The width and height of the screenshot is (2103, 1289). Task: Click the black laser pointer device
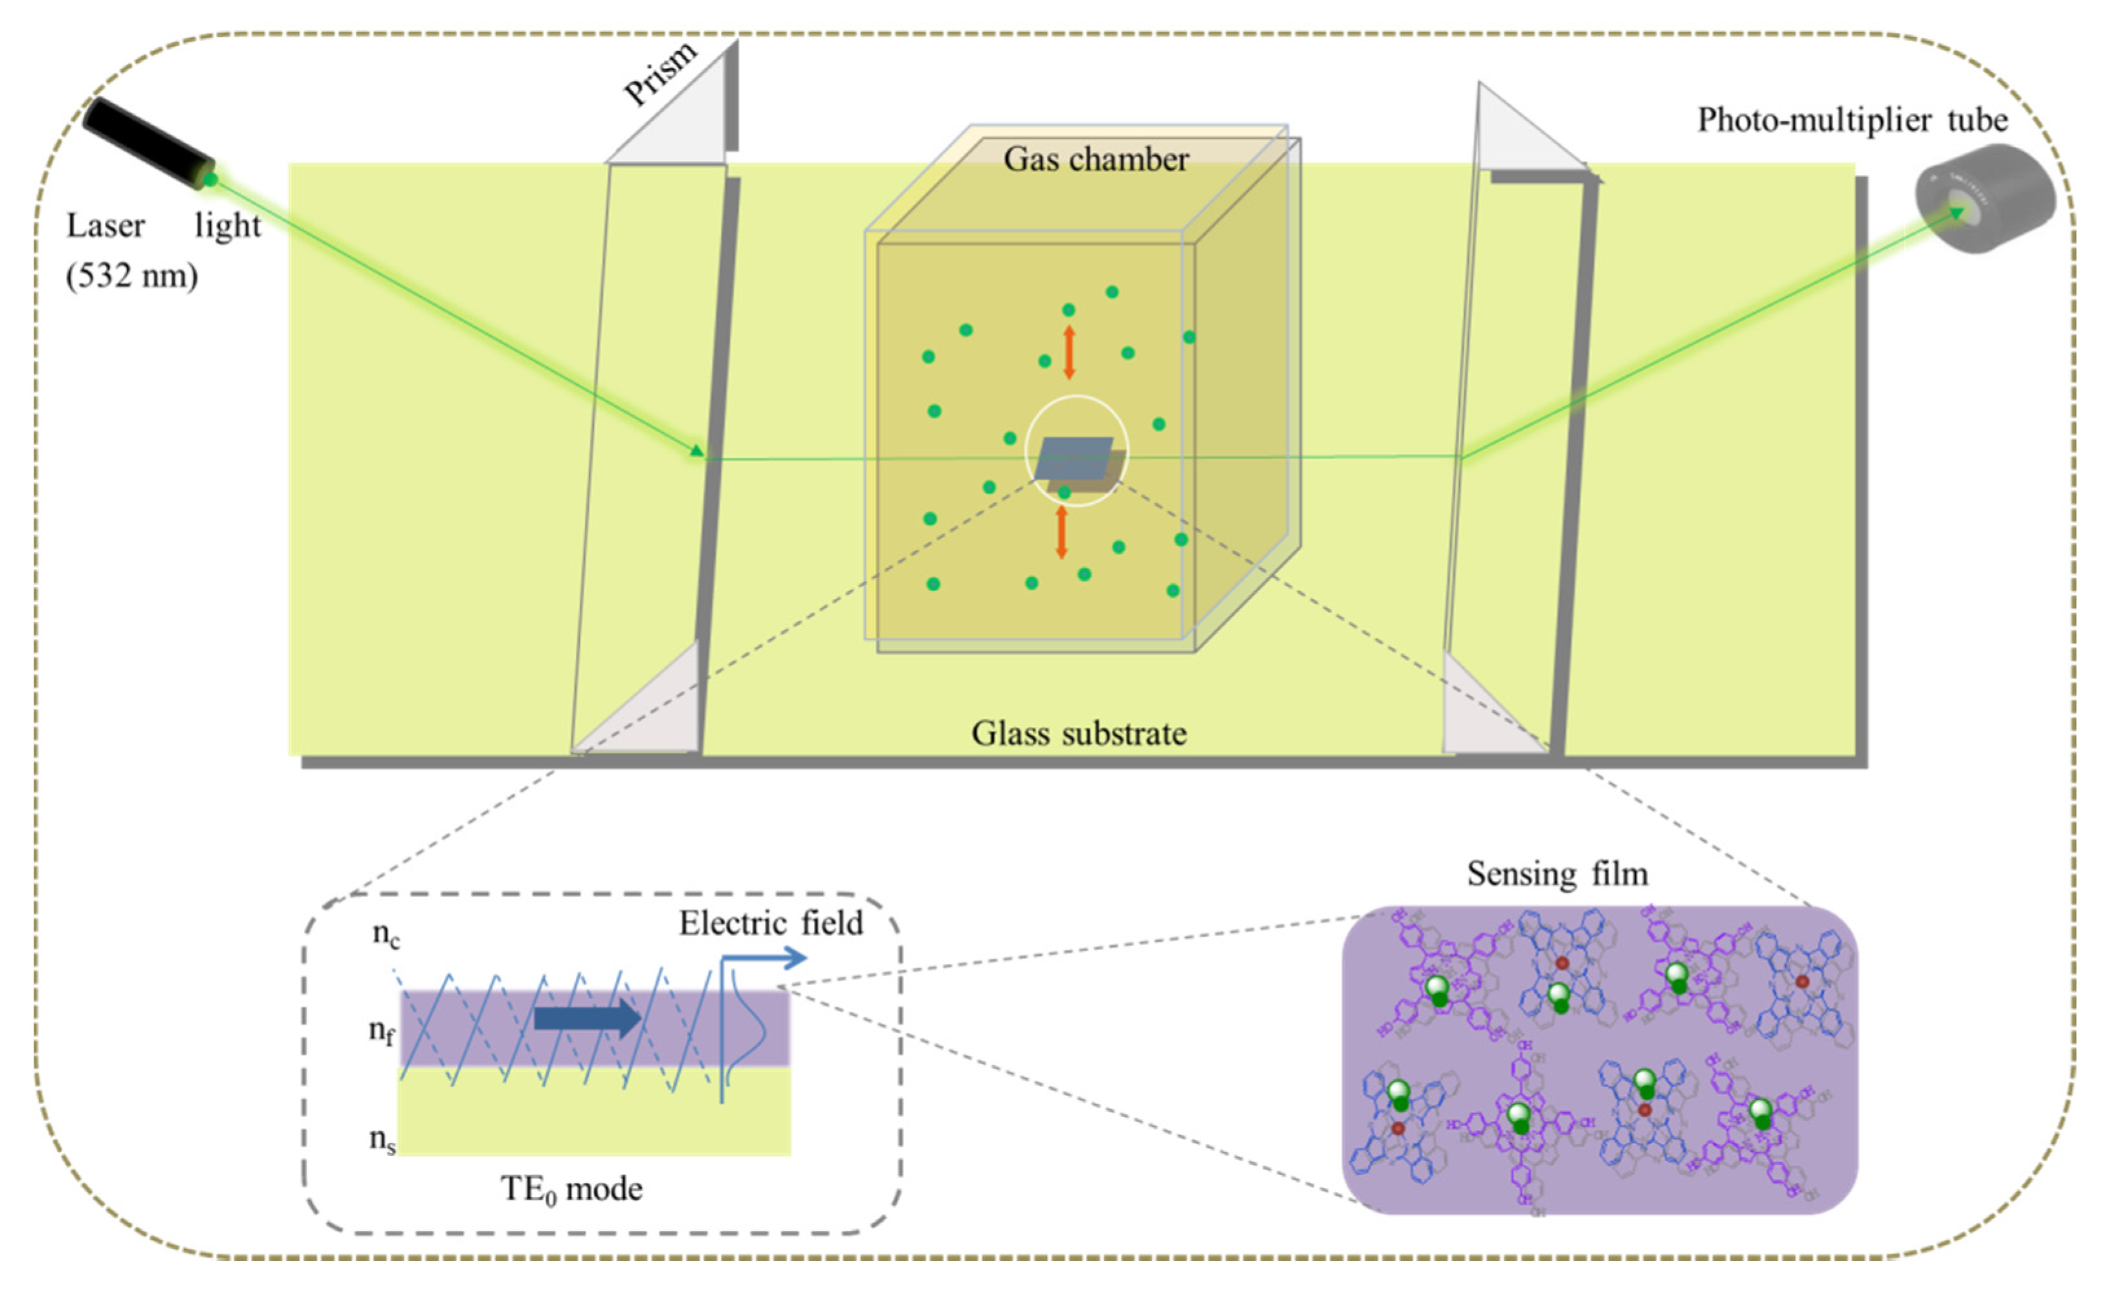click(147, 142)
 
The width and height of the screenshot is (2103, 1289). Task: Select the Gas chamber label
click(1096, 160)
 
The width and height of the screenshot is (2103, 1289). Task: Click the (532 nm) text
click(131, 276)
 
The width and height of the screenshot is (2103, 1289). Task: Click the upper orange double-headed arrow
click(1068, 351)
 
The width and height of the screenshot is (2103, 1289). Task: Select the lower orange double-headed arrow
click(1062, 532)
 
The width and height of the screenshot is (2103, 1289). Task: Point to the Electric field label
click(771, 924)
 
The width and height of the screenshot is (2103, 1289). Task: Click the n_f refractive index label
click(382, 1032)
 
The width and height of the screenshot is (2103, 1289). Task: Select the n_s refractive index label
click(382, 1140)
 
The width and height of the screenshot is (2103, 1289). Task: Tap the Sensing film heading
click(1557, 874)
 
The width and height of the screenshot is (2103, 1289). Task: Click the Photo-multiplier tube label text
click(1852, 120)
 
